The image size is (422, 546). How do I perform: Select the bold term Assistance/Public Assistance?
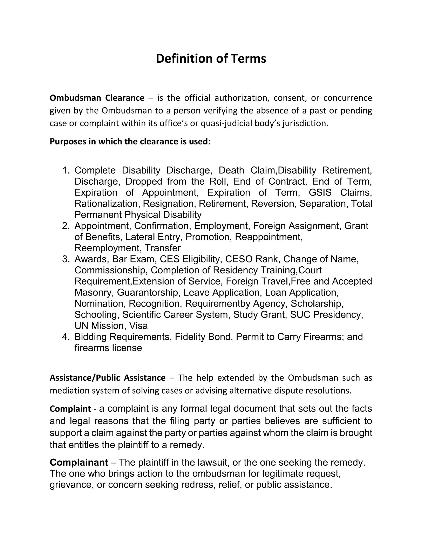click(108, 378)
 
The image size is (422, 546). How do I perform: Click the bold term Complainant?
click(79, 463)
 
